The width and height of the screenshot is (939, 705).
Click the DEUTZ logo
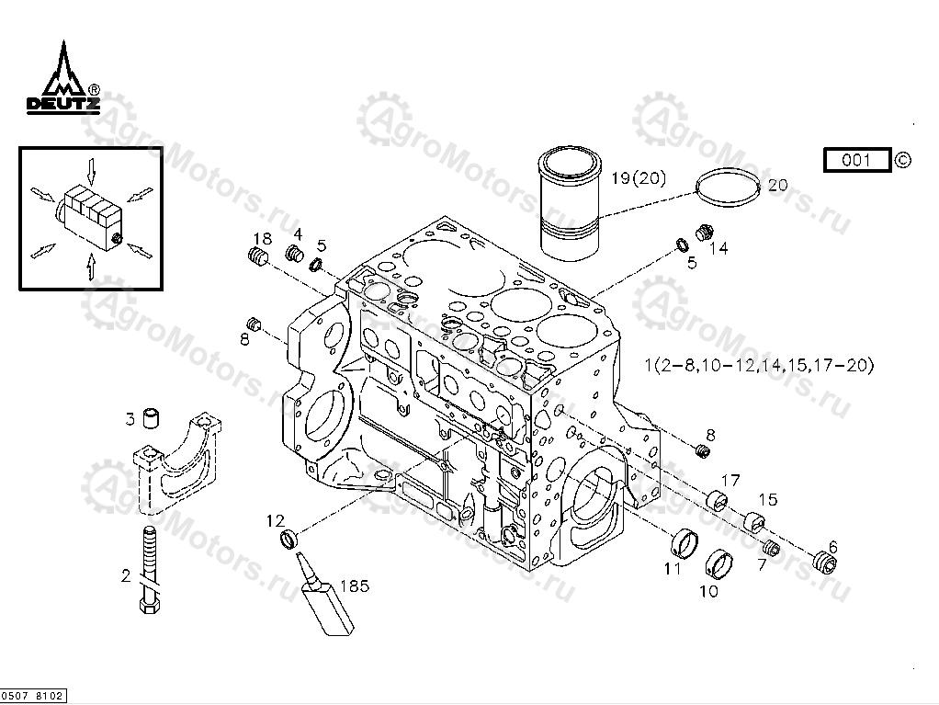[62, 82]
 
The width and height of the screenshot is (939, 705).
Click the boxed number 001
[856, 160]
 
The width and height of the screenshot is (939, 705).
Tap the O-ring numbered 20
[729, 188]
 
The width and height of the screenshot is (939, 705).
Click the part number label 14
[718, 248]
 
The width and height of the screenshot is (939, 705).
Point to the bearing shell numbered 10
[719, 559]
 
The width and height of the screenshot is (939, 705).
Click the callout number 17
[730, 480]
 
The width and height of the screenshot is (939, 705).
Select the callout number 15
[768, 499]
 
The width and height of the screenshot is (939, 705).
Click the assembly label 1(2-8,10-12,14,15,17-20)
[759, 366]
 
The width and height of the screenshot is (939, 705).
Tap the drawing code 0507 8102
[33, 697]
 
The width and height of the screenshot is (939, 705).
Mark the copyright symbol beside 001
[903, 160]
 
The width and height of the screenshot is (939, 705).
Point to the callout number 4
[298, 233]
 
